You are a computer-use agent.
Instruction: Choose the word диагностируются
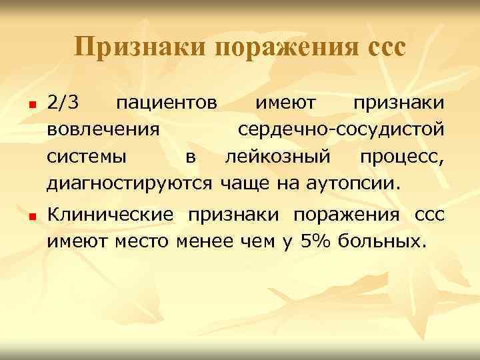coord(129,182)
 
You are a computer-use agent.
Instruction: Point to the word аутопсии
coord(351,182)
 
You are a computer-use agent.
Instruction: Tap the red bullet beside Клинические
coord(31,217)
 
